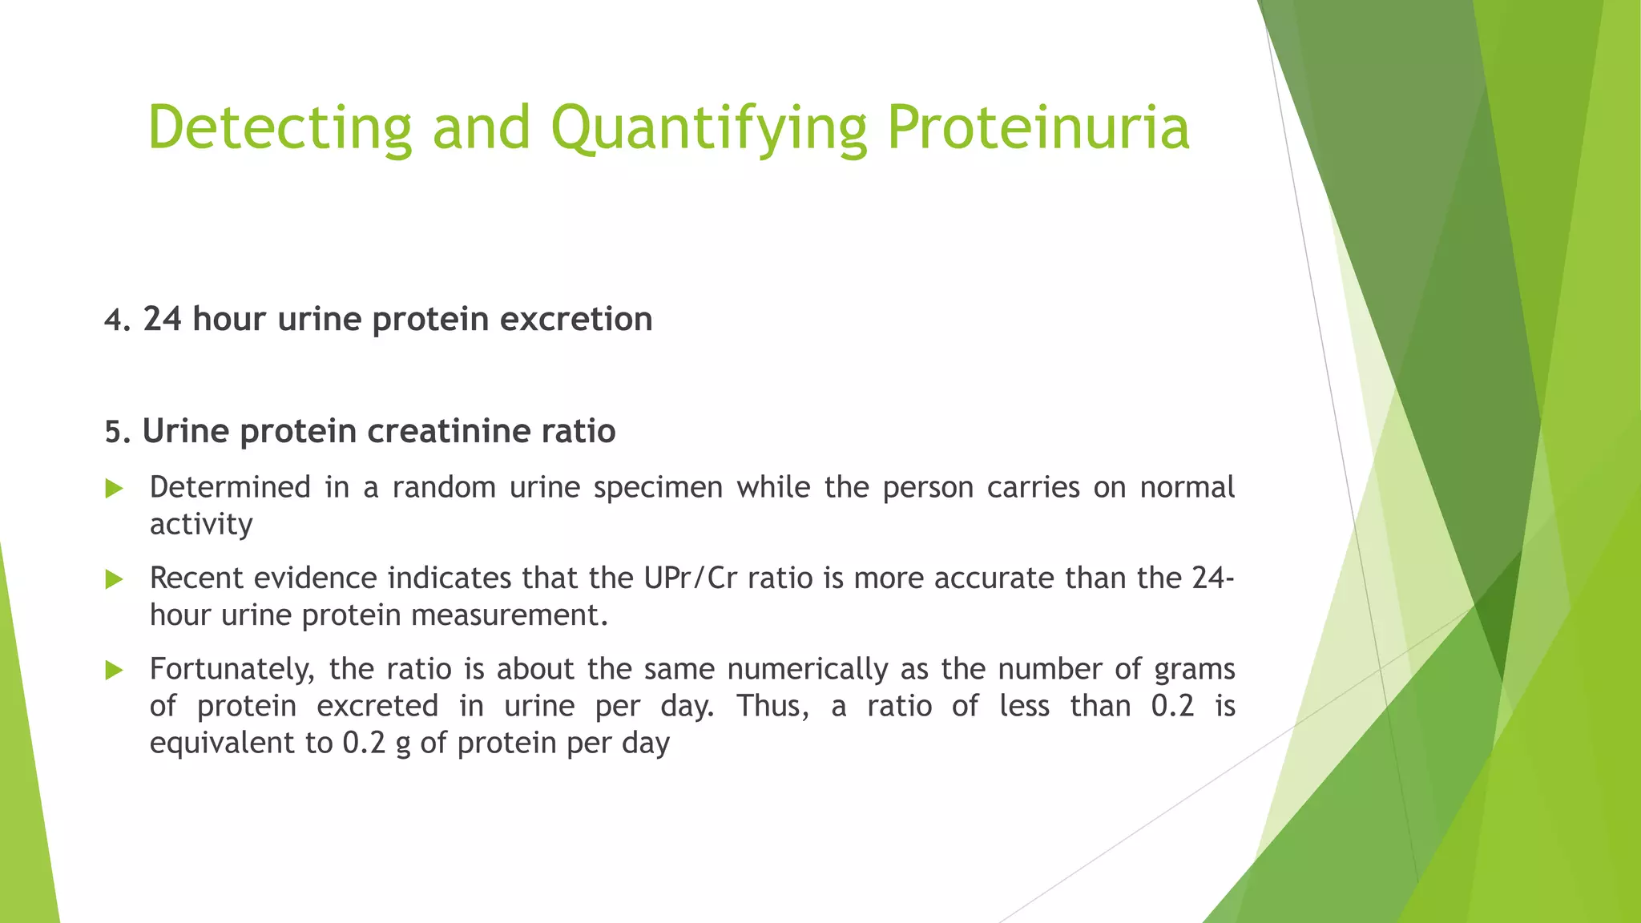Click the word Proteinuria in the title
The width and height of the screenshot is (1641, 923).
(1038, 128)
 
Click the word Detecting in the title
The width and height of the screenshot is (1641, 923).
(280, 128)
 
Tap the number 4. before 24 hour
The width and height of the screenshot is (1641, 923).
(118, 320)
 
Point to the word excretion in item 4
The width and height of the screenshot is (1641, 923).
(576, 320)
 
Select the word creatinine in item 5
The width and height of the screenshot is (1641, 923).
(449, 432)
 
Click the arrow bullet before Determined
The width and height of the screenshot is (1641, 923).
(115, 489)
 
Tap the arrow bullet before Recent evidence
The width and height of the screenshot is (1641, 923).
(115, 579)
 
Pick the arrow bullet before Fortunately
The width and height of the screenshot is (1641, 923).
(115, 670)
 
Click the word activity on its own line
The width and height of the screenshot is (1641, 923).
(201, 525)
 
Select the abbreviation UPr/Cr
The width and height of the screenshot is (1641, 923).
(689, 578)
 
